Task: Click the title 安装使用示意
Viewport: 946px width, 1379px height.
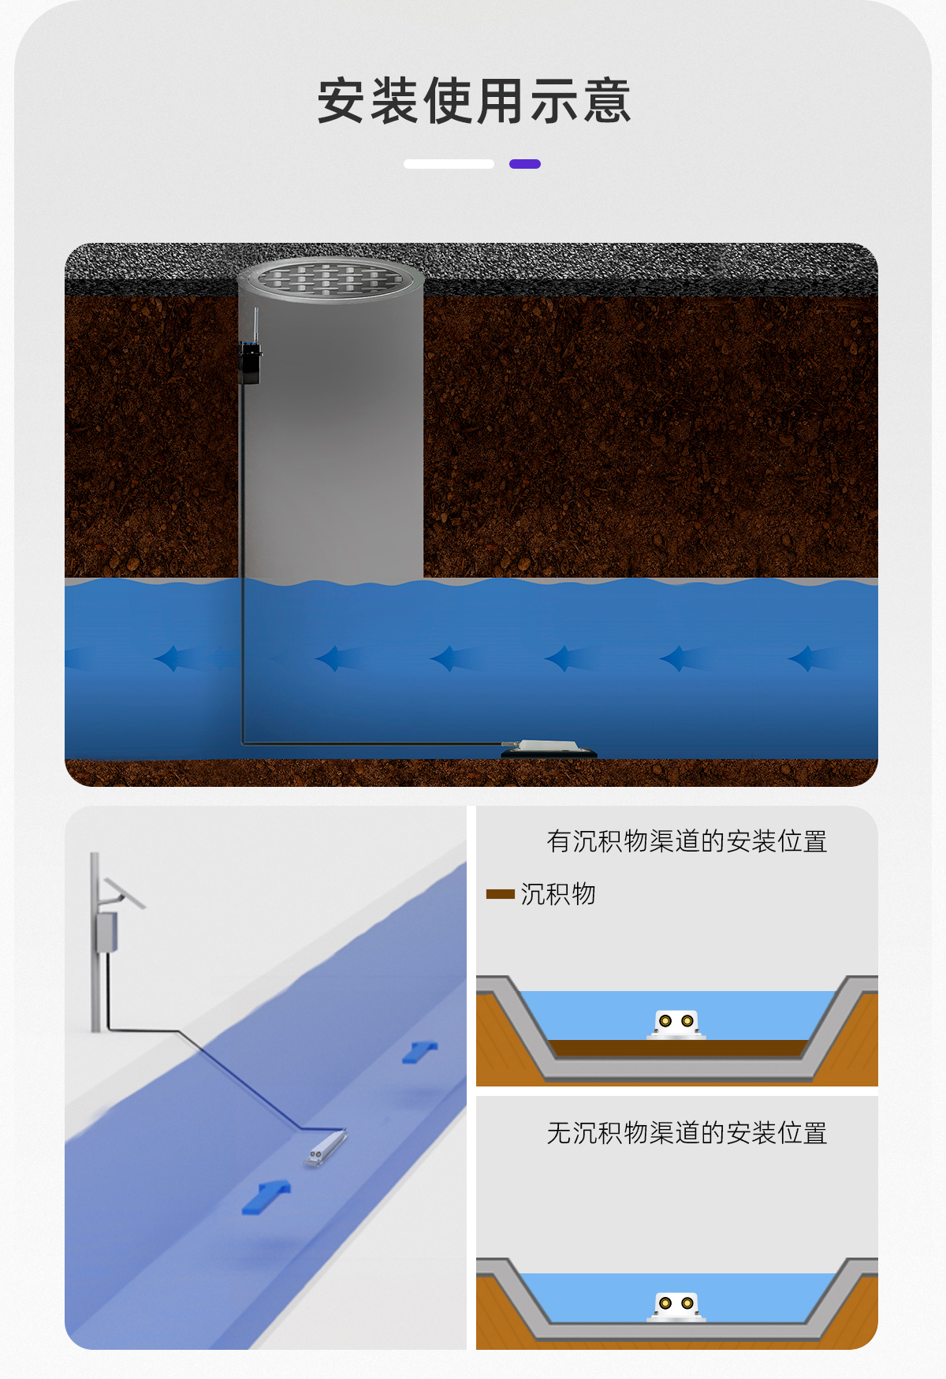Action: click(x=474, y=101)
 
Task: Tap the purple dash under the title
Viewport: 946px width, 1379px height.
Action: click(x=525, y=164)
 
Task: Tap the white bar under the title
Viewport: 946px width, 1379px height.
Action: click(x=449, y=164)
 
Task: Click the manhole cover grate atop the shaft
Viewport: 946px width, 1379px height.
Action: click(x=331, y=278)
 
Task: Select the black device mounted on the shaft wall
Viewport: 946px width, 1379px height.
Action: click(x=250, y=363)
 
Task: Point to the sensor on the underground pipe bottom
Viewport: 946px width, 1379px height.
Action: click(x=549, y=748)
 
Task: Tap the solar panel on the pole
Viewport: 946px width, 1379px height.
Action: click(x=125, y=893)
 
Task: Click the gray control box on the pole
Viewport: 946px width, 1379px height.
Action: click(x=106, y=932)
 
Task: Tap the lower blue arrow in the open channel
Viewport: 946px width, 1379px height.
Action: click(x=266, y=1197)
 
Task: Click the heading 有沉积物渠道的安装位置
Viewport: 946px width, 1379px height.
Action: click(x=687, y=841)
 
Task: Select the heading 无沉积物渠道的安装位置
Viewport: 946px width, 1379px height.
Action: click(x=687, y=1133)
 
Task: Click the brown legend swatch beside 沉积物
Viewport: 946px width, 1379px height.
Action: click(x=501, y=894)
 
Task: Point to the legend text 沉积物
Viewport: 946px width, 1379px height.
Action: click(x=558, y=894)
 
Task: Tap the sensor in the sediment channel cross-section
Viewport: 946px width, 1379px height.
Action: click(x=676, y=1024)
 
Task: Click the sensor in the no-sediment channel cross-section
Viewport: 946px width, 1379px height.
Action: click(x=676, y=1306)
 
